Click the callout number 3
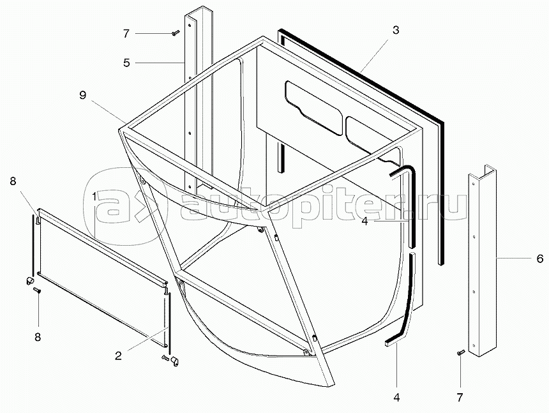pyautogui.click(x=395, y=31)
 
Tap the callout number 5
pyautogui.click(x=126, y=63)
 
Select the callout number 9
pyautogui.click(x=82, y=95)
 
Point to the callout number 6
pyautogui.click(x=540, y=259)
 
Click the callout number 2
pyautogui.click(x=118, y=356)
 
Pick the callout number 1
pyautogui.click(x=94, y=197)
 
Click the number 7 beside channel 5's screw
pyautogui.click(x=126, y=34)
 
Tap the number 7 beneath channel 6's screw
pyautogui.click(x=460, y=398)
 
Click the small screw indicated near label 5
pyautogui.click(x=176, y=33)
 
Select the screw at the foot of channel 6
pyautogui.click(x=460, y=353)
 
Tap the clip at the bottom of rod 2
pyautogui.click(x=174, y=361)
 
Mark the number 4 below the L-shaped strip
pyautogui.click(x=396, y=398)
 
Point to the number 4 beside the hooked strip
pyautogui.click(x=365, y=222)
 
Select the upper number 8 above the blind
pyautogui.click(x=13, y=181)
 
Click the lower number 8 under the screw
pyautogui.click(x=38, y=337)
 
